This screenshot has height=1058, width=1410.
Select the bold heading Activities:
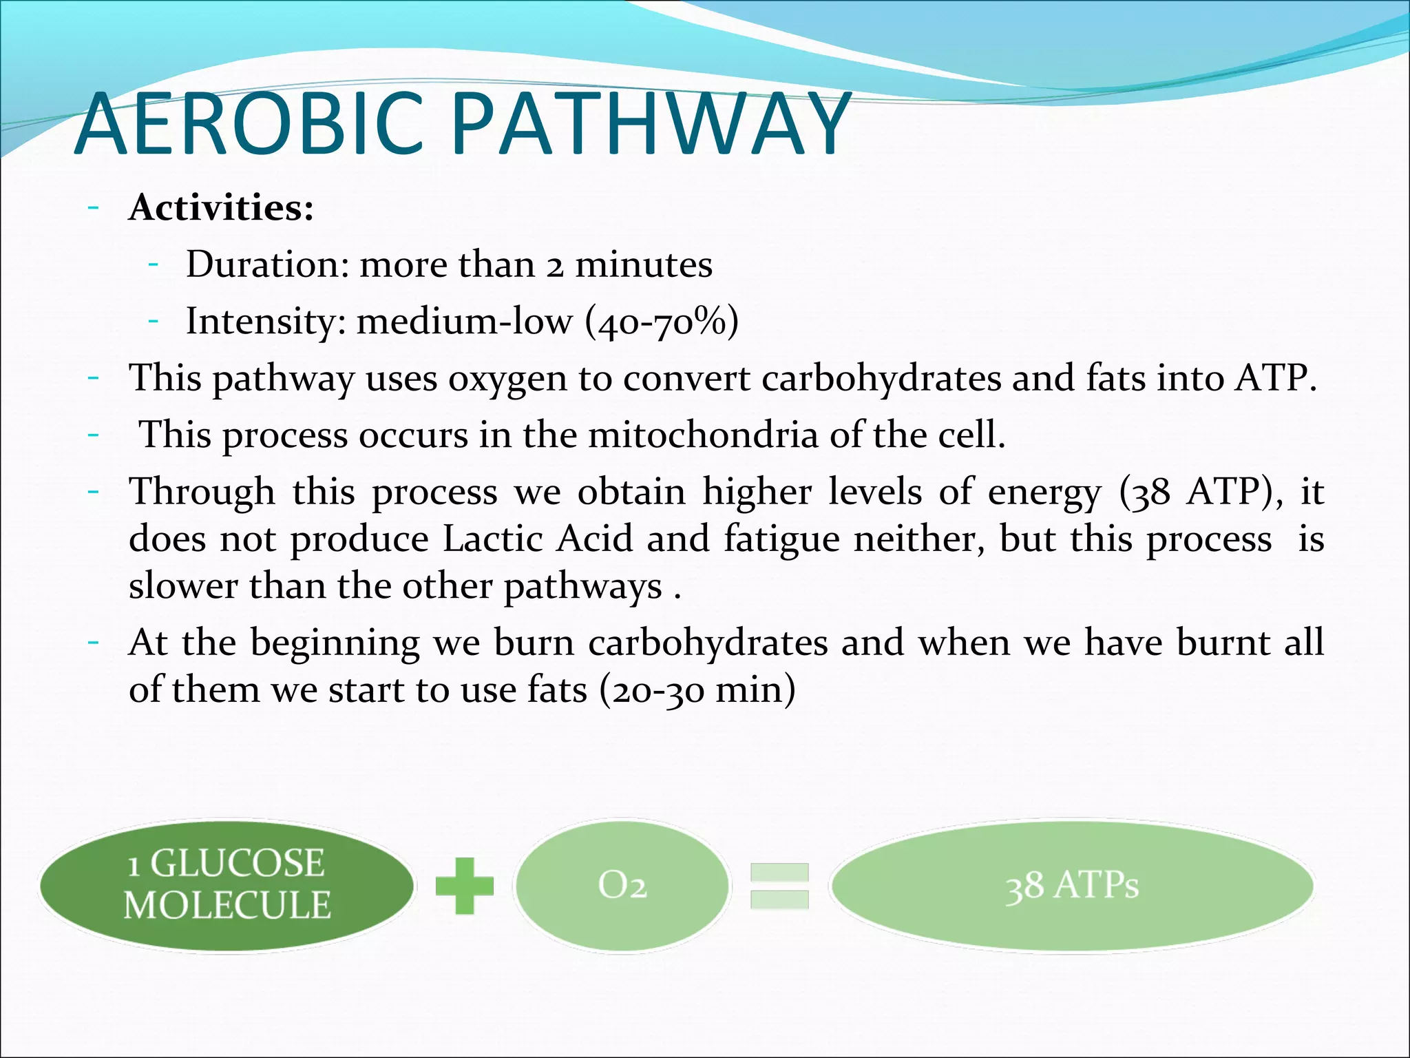(221, 207)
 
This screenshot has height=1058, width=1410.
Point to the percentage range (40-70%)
(662, 322)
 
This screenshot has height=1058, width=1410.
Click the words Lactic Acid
(537, 539)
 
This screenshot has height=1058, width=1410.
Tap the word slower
(183, 586)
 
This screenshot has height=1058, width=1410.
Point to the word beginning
(335, 643)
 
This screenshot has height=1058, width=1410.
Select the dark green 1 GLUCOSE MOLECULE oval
(227, 885)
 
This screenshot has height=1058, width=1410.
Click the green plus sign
(465, 886)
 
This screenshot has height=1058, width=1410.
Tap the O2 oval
(622, 886)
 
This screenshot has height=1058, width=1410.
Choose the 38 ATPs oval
(1071, 886)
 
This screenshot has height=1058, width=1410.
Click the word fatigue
(781, 539)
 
